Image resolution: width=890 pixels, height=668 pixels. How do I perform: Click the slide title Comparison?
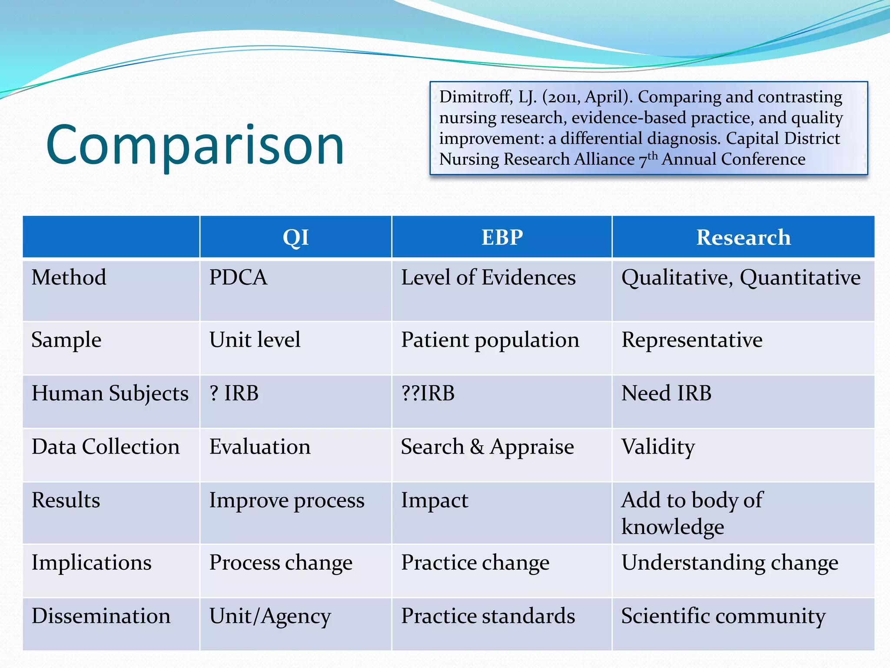[195, 144]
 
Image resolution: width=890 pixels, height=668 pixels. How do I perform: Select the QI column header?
[296, 237]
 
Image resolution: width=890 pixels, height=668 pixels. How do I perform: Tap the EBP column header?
[502, 237]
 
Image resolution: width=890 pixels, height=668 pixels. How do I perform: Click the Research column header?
[743, 237]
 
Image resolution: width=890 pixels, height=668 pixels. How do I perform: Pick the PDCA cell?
[238, 277]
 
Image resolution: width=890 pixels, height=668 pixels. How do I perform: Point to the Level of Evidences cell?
[488, 277]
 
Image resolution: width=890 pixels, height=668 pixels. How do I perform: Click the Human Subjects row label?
[110, 394]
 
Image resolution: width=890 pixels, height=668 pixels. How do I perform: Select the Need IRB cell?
[666, 393]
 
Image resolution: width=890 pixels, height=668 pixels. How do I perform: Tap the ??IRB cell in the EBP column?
[428, 393]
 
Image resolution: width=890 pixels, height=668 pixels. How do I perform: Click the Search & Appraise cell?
[487, 447]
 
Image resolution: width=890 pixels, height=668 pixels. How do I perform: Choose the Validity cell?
[658, 447]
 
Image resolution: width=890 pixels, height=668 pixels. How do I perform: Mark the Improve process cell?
[287, 501]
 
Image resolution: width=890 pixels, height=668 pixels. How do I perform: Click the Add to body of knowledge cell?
[692, 513]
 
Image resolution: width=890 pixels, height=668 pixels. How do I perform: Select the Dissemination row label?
[101, 616]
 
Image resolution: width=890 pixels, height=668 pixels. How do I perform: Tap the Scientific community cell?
[723, 616]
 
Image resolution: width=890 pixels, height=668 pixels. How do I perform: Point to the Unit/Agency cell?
[270, 616]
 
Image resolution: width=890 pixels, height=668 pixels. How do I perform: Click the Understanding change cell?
[730, 563]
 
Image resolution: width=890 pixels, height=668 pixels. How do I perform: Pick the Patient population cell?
[490, 340]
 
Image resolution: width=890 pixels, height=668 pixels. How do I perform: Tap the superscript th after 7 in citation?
[652, 155]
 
